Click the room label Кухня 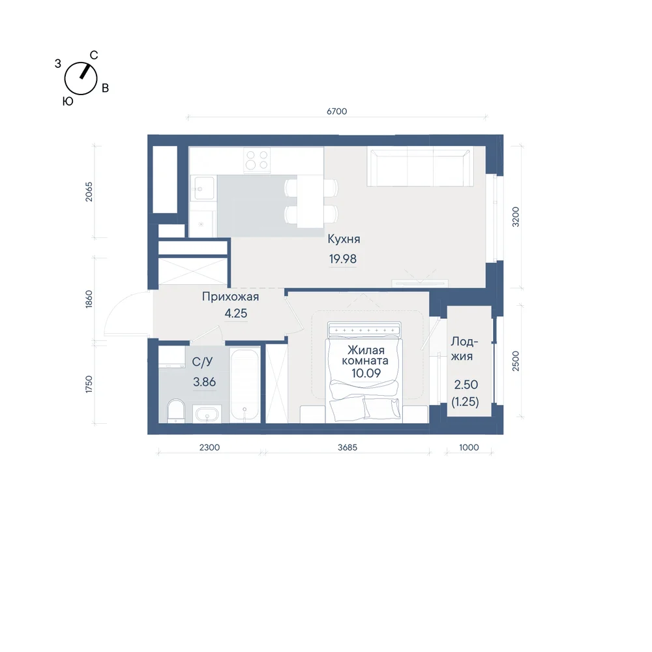point(344,239)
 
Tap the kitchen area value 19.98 point(343,259)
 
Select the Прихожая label point(230,297)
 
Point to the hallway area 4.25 point(236,313)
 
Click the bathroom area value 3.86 point(204,381)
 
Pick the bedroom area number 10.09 point(366,374)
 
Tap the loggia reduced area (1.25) point(466,402)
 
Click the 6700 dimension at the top point(337,111)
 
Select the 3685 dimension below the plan point(348,447)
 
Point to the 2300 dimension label point(209,447)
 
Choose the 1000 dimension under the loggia point(469,447)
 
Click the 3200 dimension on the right point(516,216)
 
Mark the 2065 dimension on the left point(89,192)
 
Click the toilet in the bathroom point(176,411)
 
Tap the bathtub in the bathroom point(244,385)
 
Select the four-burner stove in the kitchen point(256,160)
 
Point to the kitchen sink point(203,188)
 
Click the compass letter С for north point(94,55)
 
